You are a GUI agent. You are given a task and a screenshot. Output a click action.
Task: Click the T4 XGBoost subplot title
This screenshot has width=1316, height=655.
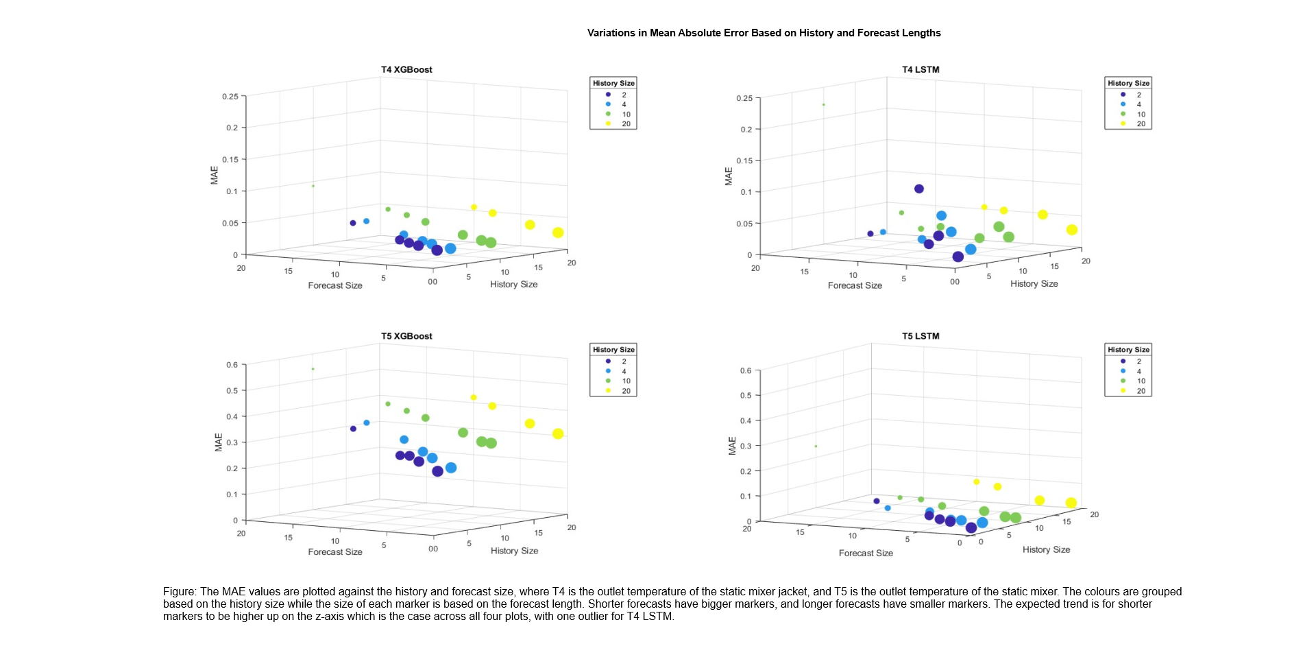click(x=406, y=69)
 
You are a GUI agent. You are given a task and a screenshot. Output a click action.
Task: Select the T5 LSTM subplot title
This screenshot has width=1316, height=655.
click(x=921, y=336)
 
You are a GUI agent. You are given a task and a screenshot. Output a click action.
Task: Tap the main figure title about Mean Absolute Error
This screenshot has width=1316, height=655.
click(x=764, y=33)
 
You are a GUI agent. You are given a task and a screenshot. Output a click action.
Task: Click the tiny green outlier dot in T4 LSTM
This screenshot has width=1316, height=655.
click(x=823, y=105)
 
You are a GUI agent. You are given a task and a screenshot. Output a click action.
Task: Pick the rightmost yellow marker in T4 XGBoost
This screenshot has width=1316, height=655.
click(x=558, y=233)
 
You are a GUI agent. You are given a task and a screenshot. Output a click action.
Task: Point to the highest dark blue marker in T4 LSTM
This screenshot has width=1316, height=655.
click(x=919, y=189)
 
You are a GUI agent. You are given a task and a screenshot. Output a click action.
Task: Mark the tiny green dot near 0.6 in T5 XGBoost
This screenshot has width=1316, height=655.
click(x=313, y=369)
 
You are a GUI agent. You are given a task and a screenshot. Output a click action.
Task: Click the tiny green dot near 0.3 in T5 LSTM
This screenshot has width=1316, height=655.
click(x=816, y=446)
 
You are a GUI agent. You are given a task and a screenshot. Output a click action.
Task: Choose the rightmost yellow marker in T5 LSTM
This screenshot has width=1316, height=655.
click(x=1071, y=503)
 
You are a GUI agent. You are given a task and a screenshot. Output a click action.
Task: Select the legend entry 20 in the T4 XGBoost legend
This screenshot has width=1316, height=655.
click(x=626, y=124)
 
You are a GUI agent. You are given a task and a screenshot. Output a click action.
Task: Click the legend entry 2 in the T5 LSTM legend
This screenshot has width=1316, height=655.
click(x=1139, y=361)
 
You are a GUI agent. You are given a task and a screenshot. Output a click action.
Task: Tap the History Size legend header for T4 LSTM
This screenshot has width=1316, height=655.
click(x=1128, y=83)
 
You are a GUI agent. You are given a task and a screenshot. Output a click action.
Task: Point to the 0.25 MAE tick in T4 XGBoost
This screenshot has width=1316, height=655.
click(x=230, y=97)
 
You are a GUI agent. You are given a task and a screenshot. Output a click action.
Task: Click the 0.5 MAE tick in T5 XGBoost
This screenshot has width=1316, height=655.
click(x=232, y=391)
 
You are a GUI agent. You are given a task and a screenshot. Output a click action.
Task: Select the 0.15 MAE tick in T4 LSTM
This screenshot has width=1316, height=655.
click(x=744, y=160)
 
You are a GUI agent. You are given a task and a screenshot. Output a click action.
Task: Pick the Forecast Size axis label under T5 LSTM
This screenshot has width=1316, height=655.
click(x=866, y=553)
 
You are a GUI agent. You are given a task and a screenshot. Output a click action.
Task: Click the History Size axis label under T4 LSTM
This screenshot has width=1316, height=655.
click(x=1034, y=283)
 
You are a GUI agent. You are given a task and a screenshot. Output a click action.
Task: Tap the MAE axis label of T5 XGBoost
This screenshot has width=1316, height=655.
click(x=219, y=442)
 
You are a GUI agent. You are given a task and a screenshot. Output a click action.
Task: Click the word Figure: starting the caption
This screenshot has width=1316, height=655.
click(x=180, y=592)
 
